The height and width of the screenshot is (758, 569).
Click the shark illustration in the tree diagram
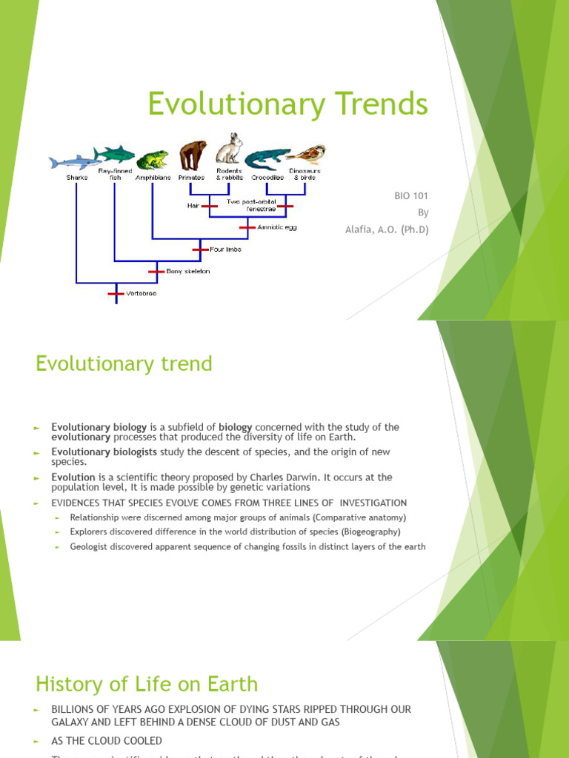(x=72, y=161)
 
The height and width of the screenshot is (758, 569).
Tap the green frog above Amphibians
(x=153, y=159)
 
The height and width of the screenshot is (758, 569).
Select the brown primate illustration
(x=193, y=156)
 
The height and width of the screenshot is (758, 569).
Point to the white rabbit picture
(x=230, y=149)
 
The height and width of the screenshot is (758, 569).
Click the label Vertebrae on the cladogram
(x=142, y=293)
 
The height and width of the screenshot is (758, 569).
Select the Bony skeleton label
(x=188, y=271)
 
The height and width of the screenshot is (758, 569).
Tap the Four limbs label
(x=225, y=249)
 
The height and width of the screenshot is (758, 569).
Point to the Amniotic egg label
(x=277, y=227)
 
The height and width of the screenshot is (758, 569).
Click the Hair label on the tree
(x=193, y=206)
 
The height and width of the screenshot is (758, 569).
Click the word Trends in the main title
(x=379, y=104)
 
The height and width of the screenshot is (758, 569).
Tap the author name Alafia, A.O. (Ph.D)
(x=387, y=229)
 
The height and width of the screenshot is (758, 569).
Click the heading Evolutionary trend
(x=124, y=364)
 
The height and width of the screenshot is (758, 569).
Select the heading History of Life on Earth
(x=147, y=683)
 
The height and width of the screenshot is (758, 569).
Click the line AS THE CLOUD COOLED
(x=107, y=741)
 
